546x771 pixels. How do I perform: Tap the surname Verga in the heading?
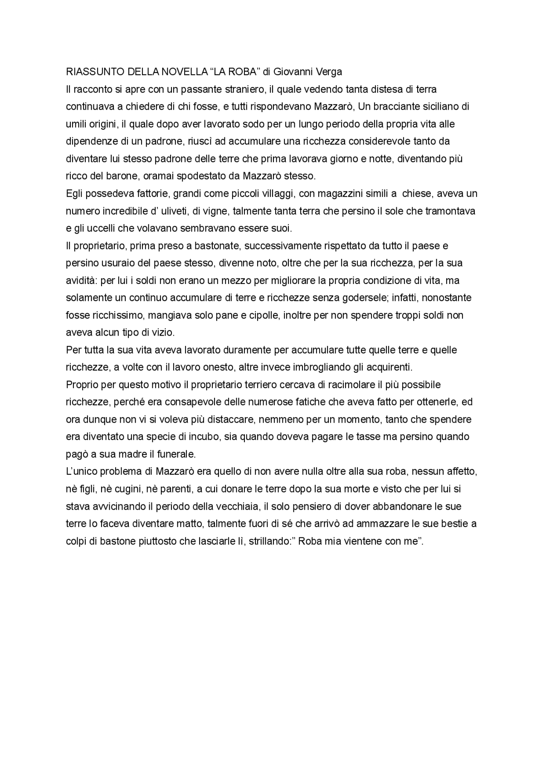coord(328,72)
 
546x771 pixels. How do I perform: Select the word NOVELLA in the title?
coord(183,72)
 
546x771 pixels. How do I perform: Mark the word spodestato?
coord(202,176)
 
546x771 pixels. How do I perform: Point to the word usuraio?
coord(114,263)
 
